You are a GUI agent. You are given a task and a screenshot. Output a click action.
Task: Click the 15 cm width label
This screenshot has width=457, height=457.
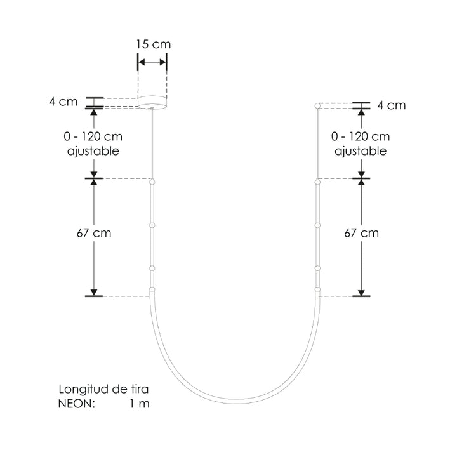click(153, 44)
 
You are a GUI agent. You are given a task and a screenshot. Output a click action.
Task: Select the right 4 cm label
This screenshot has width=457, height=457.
click(391, 105)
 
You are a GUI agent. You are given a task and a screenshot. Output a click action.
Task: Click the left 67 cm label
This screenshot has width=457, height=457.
click(94, 233)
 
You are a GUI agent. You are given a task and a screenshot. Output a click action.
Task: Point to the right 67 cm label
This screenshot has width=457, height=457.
click(361, 233)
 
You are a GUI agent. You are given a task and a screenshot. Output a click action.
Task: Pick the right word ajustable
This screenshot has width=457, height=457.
click(361, 152)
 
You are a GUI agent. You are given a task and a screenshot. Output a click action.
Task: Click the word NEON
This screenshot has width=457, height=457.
click(76, 404)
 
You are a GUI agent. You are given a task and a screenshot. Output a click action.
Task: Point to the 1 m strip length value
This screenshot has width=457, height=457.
click(139, 404)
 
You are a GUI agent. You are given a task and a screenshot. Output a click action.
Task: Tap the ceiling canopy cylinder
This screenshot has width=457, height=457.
click(153, 100)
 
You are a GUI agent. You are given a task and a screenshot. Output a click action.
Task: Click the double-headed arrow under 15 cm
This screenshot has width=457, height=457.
click(153, 62)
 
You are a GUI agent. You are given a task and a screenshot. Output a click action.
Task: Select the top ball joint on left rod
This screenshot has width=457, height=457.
click(152, 183)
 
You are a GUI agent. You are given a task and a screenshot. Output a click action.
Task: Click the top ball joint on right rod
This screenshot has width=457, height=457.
click(317, 183)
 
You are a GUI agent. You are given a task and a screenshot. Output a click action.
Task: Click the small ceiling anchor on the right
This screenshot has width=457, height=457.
click(318, 105)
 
